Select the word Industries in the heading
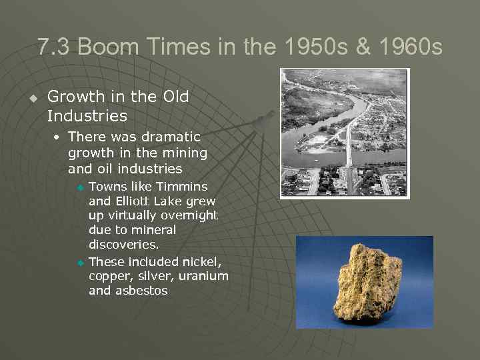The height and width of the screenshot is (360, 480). click(87, 116)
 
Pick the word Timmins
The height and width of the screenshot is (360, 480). click(183, 186)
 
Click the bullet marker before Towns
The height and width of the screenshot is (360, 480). click(81, 187)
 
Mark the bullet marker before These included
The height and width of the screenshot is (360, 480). click(81, 262)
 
